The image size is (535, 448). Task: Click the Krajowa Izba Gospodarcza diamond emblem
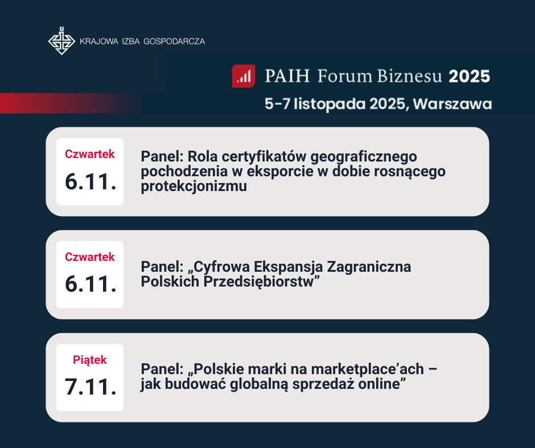62,41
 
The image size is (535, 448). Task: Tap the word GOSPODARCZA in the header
174,42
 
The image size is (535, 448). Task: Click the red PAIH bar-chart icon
244,76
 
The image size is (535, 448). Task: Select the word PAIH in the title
287,76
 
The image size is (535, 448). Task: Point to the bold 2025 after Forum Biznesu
469,76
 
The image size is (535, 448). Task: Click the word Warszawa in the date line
452,104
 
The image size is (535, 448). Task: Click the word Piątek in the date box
90,360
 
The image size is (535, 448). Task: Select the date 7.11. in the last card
90,387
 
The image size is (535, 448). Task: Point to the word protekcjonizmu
194,186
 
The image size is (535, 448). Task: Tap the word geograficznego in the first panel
363,157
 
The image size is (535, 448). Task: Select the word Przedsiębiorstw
258,281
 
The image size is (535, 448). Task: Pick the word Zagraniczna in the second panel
369,267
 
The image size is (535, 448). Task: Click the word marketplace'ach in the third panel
368,369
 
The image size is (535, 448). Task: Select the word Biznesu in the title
409,76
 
